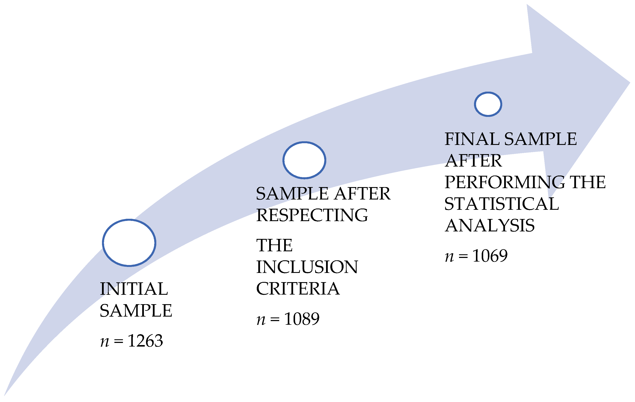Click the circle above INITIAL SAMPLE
pos(129,243)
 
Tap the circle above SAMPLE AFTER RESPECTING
pos(304,160)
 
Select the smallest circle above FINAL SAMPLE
pos(488,104)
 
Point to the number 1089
pos(302,319)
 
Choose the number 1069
pos(490,256)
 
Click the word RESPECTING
pos(312,215)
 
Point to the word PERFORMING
pos(504,182)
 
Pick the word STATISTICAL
pos(502,204)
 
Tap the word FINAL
pos(472,139)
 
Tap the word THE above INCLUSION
pos(274,245)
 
